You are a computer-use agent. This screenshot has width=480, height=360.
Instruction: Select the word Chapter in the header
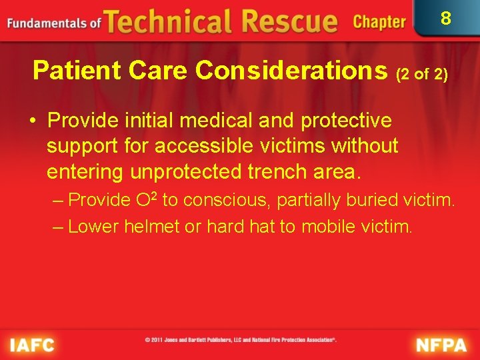(379, 22)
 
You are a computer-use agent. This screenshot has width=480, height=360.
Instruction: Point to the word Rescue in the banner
(291, 21)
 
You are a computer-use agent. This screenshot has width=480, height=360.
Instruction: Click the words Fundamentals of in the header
(54, 23)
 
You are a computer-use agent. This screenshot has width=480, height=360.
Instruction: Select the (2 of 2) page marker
(421, 73)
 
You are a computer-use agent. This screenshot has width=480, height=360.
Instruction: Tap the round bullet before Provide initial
(33, 121)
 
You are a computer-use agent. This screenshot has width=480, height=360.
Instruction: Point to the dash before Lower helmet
(58, 227)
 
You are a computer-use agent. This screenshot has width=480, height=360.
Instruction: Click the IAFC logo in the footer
(31, 345)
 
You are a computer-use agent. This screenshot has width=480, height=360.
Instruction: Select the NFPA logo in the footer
(441, 345)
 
